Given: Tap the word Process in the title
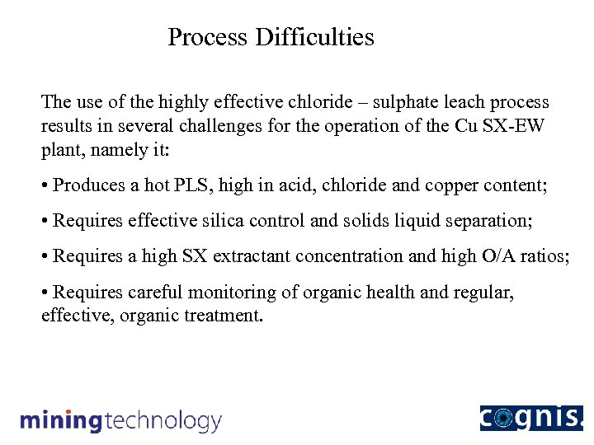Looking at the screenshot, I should coord(208,37).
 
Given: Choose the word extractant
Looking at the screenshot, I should coord(252,256).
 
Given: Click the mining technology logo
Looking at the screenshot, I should coord(120,420).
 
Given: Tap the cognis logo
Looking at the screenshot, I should coord(530,418).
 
